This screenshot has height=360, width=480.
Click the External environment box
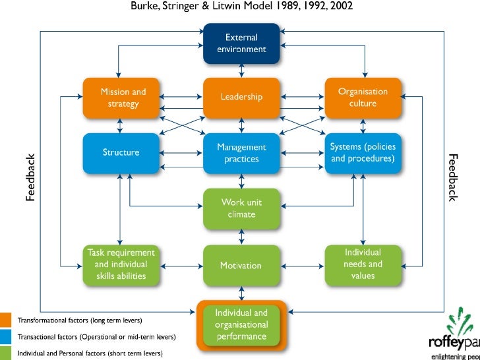tap(241, 44)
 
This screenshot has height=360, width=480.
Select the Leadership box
tap(241, 97)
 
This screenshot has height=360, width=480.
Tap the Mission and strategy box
tap(123, 98)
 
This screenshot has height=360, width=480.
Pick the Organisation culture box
tap(363, 98)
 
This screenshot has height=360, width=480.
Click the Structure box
tap(121, 153)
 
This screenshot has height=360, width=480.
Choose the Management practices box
tap(241, 153)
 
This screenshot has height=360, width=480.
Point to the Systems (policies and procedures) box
tap(363, 153)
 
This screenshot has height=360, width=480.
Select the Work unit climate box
tap(241, 208)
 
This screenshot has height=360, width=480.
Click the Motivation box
tap(241, 266)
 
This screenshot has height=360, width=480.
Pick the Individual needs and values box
tap(363, 265)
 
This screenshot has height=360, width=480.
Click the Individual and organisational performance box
tap(241, 324)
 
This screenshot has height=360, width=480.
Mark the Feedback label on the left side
tap(30, 178)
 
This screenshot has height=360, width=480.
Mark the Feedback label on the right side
tap(452, 178)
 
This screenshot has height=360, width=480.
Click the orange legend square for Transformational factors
tap(6, 321)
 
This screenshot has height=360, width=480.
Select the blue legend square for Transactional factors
tap(6, 338)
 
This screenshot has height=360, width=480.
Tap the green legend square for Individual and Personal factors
tap(6, 353)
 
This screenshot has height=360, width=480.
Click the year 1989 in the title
tap(264, 8)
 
